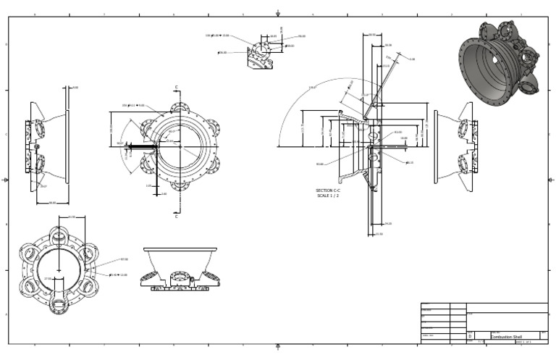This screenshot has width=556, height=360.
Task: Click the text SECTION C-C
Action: [328, 191]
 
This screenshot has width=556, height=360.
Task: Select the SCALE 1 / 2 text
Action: [328, 196]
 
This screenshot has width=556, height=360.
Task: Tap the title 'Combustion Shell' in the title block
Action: [506, 337]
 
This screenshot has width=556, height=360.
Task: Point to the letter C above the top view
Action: [176, 88]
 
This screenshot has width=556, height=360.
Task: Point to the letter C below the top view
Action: [176, 216]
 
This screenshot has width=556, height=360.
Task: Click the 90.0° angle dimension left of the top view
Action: [120, 143]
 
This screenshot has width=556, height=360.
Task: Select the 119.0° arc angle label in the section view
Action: [313, 88]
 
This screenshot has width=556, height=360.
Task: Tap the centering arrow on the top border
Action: [278, 13]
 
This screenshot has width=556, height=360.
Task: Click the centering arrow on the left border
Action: [6, 180]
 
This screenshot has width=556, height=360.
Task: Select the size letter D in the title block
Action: [471, 337]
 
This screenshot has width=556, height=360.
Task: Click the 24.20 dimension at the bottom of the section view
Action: [387, 224]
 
